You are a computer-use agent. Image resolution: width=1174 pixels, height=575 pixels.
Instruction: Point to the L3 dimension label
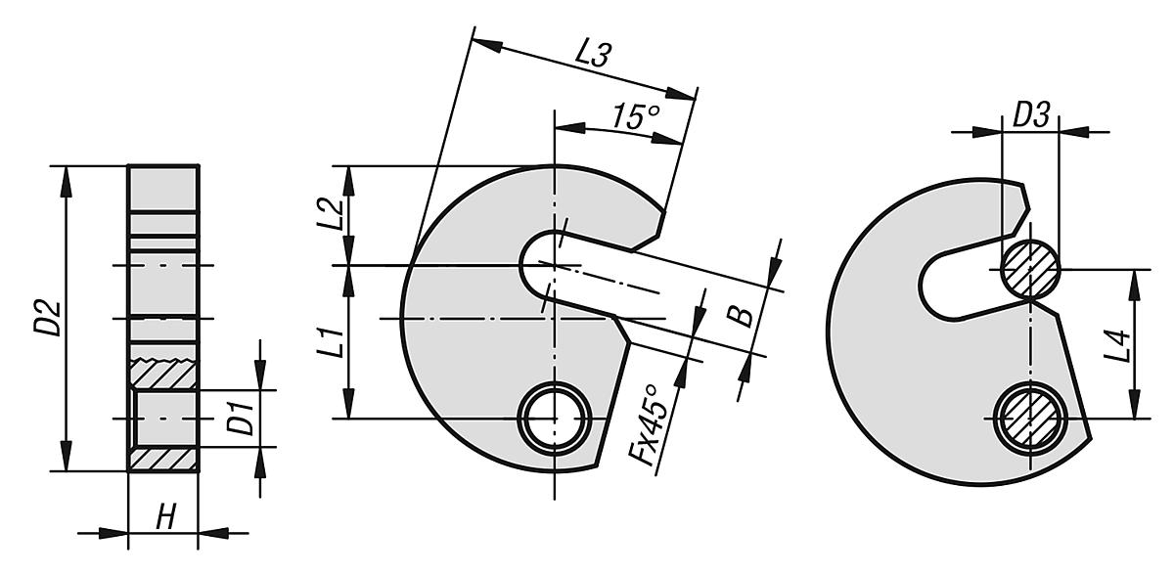click(592, 55)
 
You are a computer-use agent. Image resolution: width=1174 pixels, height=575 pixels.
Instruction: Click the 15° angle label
click(635, 117)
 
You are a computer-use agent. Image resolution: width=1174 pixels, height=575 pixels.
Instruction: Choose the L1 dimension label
click(332, 341)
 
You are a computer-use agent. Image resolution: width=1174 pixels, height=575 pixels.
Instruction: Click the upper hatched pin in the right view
click(1030, 269)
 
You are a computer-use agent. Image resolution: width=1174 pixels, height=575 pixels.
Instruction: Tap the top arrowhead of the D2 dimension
click(66, 176)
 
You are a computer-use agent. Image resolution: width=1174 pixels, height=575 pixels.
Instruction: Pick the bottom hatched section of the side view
click(163, 459)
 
